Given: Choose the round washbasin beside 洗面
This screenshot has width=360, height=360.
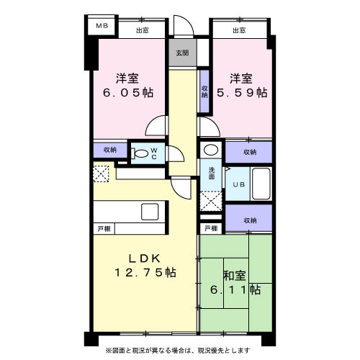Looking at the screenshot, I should click(210, 150).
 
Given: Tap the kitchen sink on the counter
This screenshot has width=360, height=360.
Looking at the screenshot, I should click(150, 212).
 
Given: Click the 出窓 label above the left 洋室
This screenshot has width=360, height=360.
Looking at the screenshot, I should click(141, 30).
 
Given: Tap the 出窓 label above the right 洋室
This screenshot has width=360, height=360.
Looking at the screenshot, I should click(240, 30).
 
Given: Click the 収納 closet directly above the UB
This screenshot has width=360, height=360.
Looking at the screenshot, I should click(249, 152).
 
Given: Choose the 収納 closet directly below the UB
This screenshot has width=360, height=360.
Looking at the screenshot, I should click(249, 220).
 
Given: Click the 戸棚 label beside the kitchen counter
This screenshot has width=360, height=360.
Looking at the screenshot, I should click(104, 228).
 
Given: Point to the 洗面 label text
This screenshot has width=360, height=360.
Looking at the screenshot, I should click(212, 172).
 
